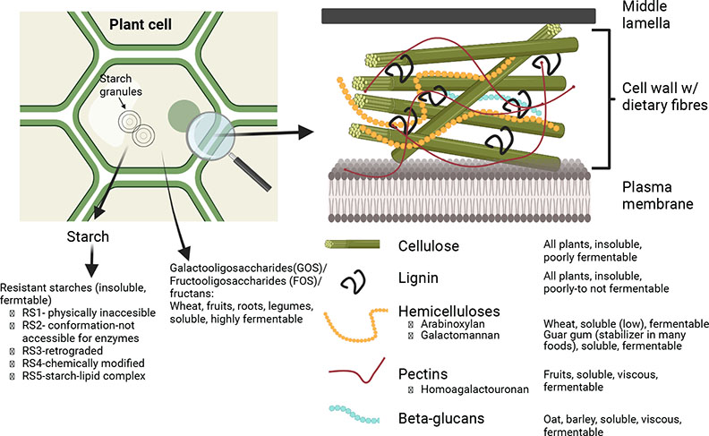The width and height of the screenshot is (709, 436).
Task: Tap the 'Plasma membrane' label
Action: [658, 194]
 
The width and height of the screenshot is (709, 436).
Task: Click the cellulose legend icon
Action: [358, 244]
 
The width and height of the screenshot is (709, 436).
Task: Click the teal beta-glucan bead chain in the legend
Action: [358, 415]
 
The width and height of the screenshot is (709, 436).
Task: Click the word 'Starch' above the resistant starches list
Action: [89, 237]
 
